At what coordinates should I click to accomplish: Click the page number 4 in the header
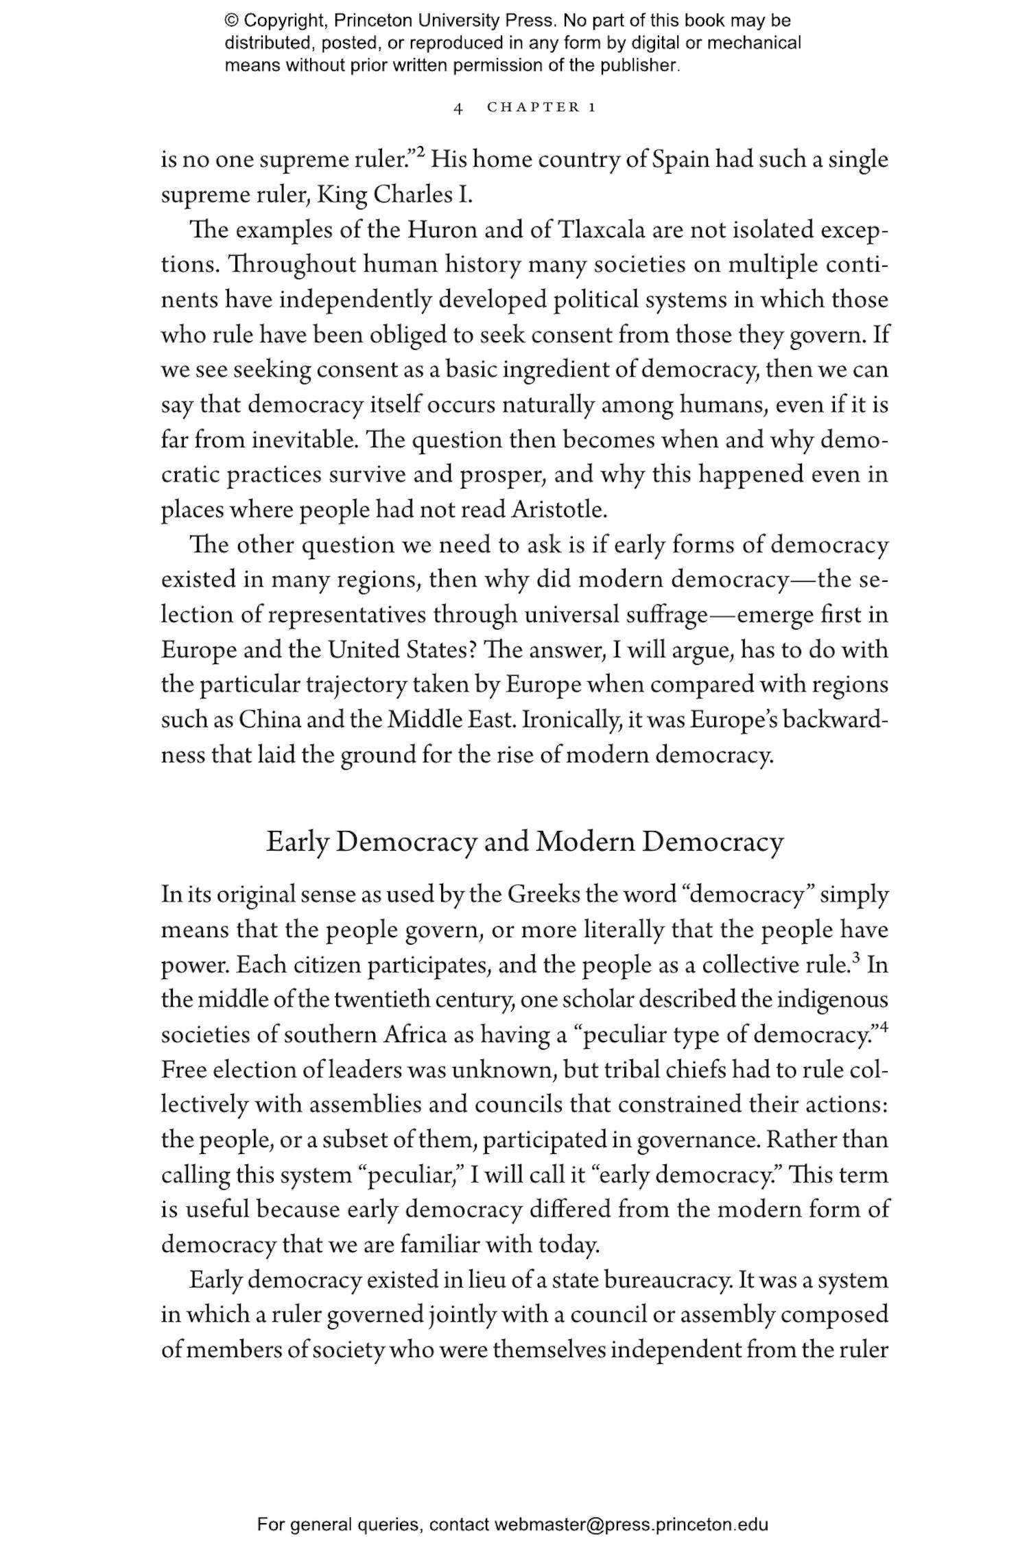click(458, 108)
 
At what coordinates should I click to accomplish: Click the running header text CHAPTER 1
click(541, 107)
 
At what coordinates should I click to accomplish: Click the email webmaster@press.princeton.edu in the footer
click(630, 1525)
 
